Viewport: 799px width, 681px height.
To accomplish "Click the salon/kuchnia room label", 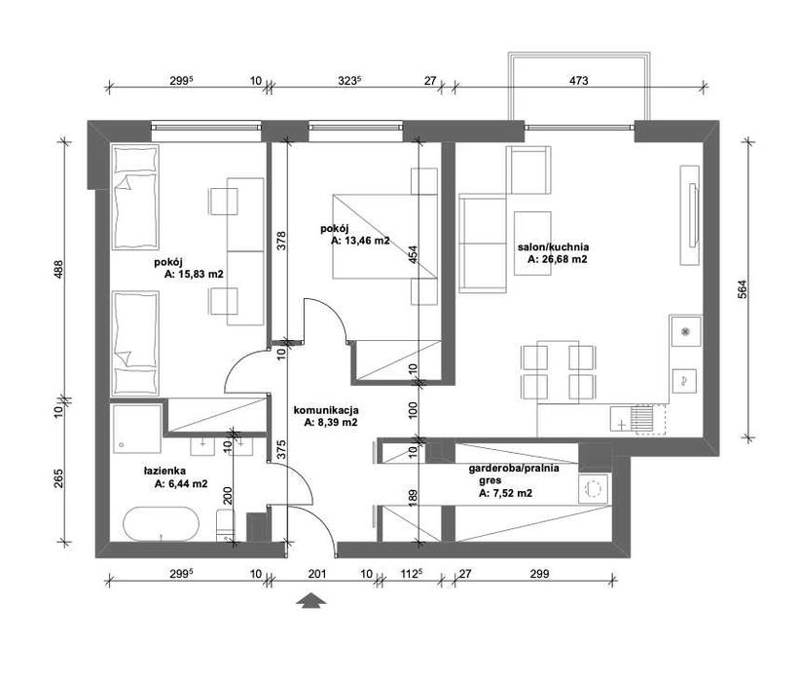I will click(553, 247).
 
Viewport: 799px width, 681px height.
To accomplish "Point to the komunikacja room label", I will click(328, 410).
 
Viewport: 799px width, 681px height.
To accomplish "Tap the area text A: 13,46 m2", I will click(360, 241).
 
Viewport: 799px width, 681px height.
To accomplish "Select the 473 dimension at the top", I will click(581, 82).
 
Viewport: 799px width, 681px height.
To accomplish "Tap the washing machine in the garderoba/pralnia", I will click(593, 489).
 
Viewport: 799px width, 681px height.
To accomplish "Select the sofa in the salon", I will click(482, 245).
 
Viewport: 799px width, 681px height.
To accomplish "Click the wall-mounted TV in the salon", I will click(693, 215).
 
